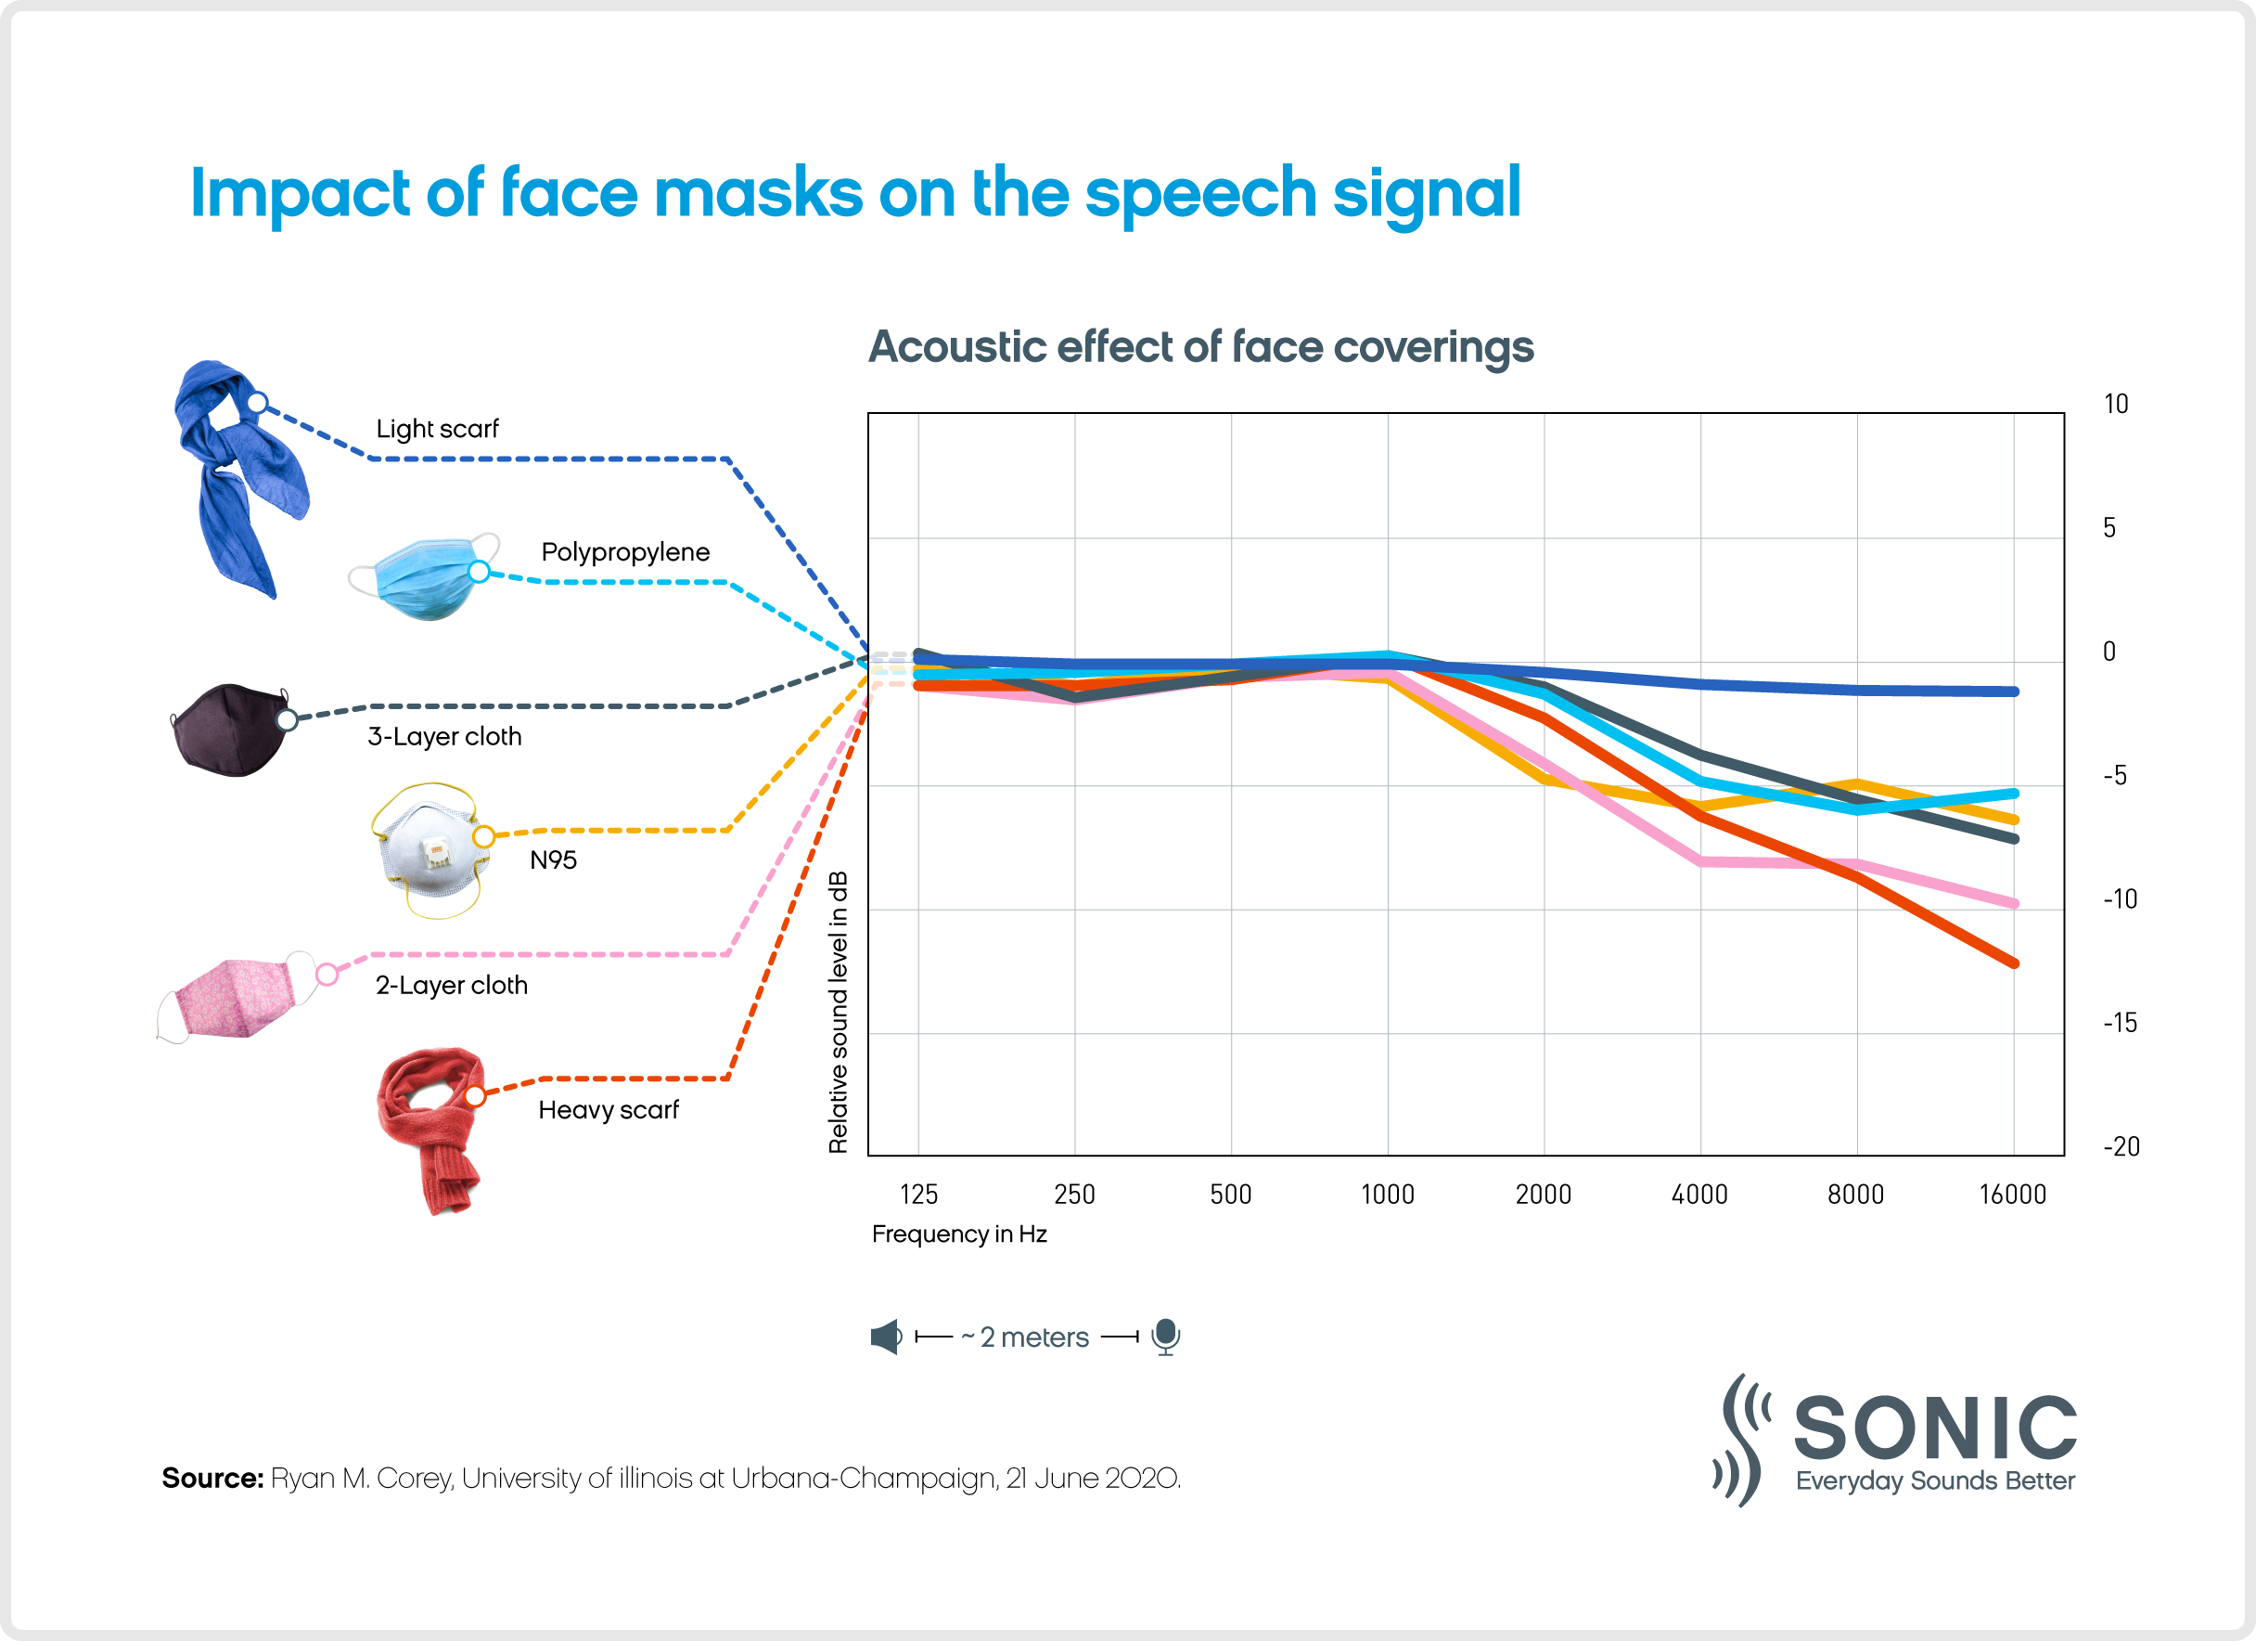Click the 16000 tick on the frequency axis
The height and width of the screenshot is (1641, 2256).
pyautogui.click(x=2012, y=1195)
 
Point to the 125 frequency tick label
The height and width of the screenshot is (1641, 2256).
pyautogui.click(x=918, y=1195)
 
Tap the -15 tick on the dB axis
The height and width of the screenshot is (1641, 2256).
pyautogui.click(x=2120, y=1023)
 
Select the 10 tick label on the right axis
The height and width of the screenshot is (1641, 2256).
pyautogui.click(x=2116, y=404)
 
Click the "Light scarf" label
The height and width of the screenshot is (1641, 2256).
pyautogui.click(x=437, y=429)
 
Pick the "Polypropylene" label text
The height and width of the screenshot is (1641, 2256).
pyautogui.click(x=624, y=552)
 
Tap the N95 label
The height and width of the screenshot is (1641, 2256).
pyautogui.click(x=553, y=859)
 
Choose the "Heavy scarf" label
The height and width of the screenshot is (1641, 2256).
pyautogui.click(x=608, y=1109)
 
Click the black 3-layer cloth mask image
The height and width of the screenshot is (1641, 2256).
pyautogui.click(x=230, y=730)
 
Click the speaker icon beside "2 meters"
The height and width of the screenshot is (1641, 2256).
pyautogui.click(x=885, y=1337)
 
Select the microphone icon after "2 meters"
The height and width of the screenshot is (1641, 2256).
pyautogui.click(x=1166, y=1337)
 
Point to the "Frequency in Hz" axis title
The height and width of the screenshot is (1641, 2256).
pyautogui.click(x=959, y=1234)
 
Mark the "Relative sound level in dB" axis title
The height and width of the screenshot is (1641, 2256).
pyautogui.click(x=839, y=1012)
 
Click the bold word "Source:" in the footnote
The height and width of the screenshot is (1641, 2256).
pyautogui.click(x=211, y=1479)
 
